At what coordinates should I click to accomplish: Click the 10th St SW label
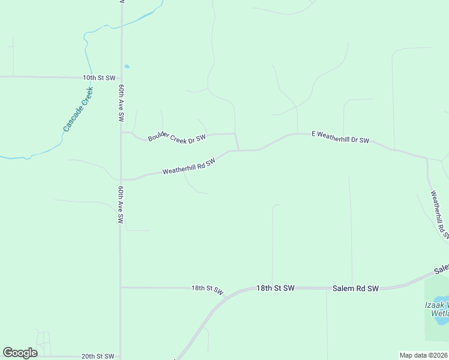click(99, 78)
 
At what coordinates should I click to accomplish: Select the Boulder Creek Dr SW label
click(177, 137)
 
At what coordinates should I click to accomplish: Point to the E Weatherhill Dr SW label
click(340, 137)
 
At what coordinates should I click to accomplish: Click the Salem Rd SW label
click(355, 289)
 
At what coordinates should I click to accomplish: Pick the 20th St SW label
click(98, 356)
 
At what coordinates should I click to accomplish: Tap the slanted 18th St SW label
click(208, 289)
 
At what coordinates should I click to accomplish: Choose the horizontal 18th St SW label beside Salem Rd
click(276, 289)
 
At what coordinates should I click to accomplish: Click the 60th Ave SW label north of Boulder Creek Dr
click(121, 103)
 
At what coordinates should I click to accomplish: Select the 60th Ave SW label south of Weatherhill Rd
click(121, 205)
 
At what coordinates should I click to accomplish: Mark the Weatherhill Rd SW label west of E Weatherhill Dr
click(188, 167)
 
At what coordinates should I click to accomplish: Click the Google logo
click(20, 353)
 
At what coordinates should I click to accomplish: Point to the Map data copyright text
click(424, 355)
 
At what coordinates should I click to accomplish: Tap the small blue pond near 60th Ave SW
click(127, 66)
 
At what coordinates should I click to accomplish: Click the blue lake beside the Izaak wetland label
click(442, 317)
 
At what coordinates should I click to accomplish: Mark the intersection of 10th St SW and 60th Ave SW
click(121, 77)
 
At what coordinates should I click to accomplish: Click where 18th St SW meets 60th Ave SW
click(121, 287)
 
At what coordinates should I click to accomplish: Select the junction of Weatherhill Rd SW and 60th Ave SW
click(121, 179)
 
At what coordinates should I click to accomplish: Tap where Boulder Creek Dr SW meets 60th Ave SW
click(121, 133)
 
